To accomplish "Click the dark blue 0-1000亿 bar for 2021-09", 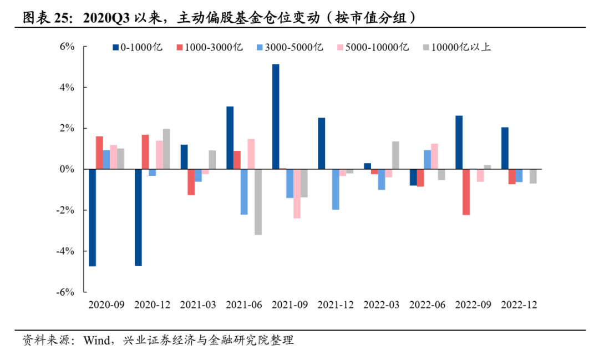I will pos(276,116).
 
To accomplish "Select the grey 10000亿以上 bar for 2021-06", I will pos(258,202).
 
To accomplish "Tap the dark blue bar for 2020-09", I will pos(93,217).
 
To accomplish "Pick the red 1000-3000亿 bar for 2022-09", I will pos(466,192).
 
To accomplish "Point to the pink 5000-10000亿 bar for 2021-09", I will pos(297,194).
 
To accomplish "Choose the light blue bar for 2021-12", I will pos(336,189).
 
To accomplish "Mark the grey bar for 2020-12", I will pos(166,149).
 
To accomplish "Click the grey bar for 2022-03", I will pos(395,155).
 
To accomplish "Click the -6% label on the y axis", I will pos(67,292).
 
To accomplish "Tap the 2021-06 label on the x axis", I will pos(244,305).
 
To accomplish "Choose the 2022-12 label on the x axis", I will pos(519,305).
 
